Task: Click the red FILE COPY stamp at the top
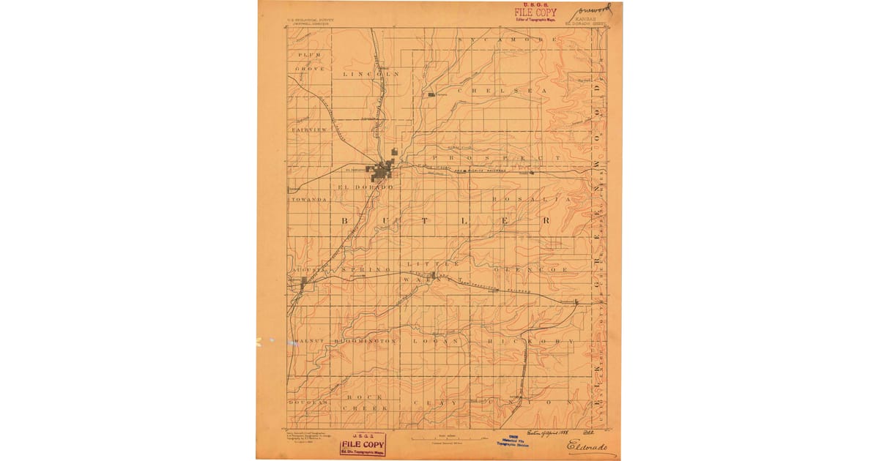click(535, 12)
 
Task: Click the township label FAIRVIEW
click(308, 130)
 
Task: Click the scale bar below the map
click(439, 438)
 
